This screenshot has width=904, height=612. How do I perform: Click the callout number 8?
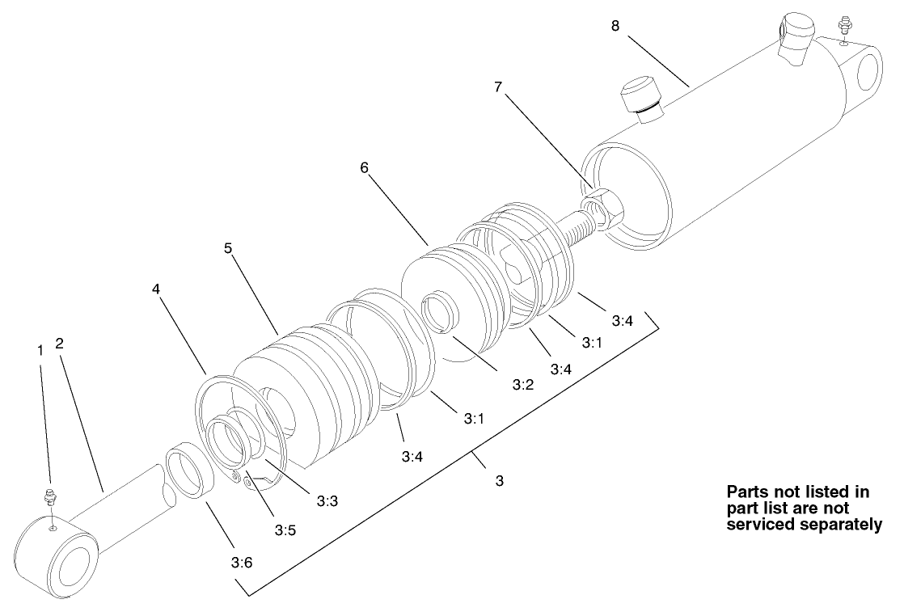(615, 26)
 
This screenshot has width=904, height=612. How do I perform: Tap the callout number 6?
(365, 167)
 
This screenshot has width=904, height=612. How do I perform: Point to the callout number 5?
(229, 248)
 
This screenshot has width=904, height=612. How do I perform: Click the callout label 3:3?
(327, 501)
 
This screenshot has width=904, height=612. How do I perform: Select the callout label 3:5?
(285, 530)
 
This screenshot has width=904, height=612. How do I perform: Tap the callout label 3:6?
(242, 563)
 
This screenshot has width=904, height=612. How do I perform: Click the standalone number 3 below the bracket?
(500, 481)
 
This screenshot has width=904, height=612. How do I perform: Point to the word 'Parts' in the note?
(748, 492)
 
